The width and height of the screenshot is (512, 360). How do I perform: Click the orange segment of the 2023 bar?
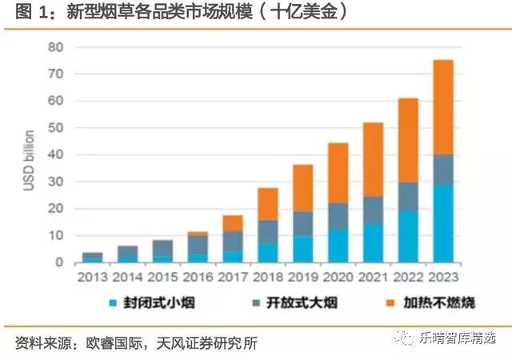(x=443, y=107)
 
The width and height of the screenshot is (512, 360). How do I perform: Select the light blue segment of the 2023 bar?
(x=443, y=223)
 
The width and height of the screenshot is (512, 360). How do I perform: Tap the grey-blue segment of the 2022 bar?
(x=408, y=196)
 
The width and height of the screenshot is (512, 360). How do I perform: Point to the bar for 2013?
(x=92, y=257)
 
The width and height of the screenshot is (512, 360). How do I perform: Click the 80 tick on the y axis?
(x=54, y=46)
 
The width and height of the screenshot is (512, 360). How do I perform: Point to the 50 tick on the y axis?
(x=54, y=128)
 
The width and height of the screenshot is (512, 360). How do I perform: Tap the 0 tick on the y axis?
(x=58, y=262)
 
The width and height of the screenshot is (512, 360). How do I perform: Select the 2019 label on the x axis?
(x=302, y=278)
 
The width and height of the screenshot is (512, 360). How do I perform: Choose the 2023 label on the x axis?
(x=443, y=278)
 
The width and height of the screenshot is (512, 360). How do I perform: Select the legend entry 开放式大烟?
(x=291, y=306)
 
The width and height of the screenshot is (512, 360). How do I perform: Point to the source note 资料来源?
(x=136, y=342)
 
